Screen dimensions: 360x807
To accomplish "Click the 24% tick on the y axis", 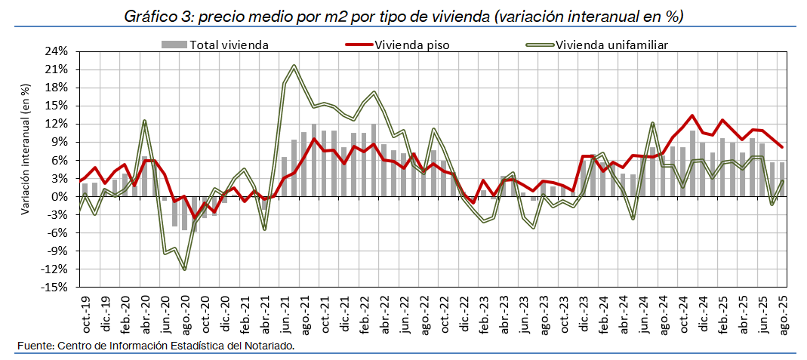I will [x=57, y=51].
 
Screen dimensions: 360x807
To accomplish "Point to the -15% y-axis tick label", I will [x=57, y=288].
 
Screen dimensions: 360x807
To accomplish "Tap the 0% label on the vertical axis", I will [x=61, y=197].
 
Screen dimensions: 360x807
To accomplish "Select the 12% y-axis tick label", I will [x=57, y=124].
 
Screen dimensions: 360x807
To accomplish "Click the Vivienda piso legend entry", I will [x=411, y=45].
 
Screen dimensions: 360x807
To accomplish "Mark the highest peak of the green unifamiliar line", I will [x=294, y=66].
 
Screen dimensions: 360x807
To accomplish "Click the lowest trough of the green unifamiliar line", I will [x=184, y=269].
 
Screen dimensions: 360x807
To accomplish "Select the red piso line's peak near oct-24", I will [x=692, y=116].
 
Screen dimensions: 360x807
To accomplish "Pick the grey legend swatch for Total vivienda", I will [x=174, y=45].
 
